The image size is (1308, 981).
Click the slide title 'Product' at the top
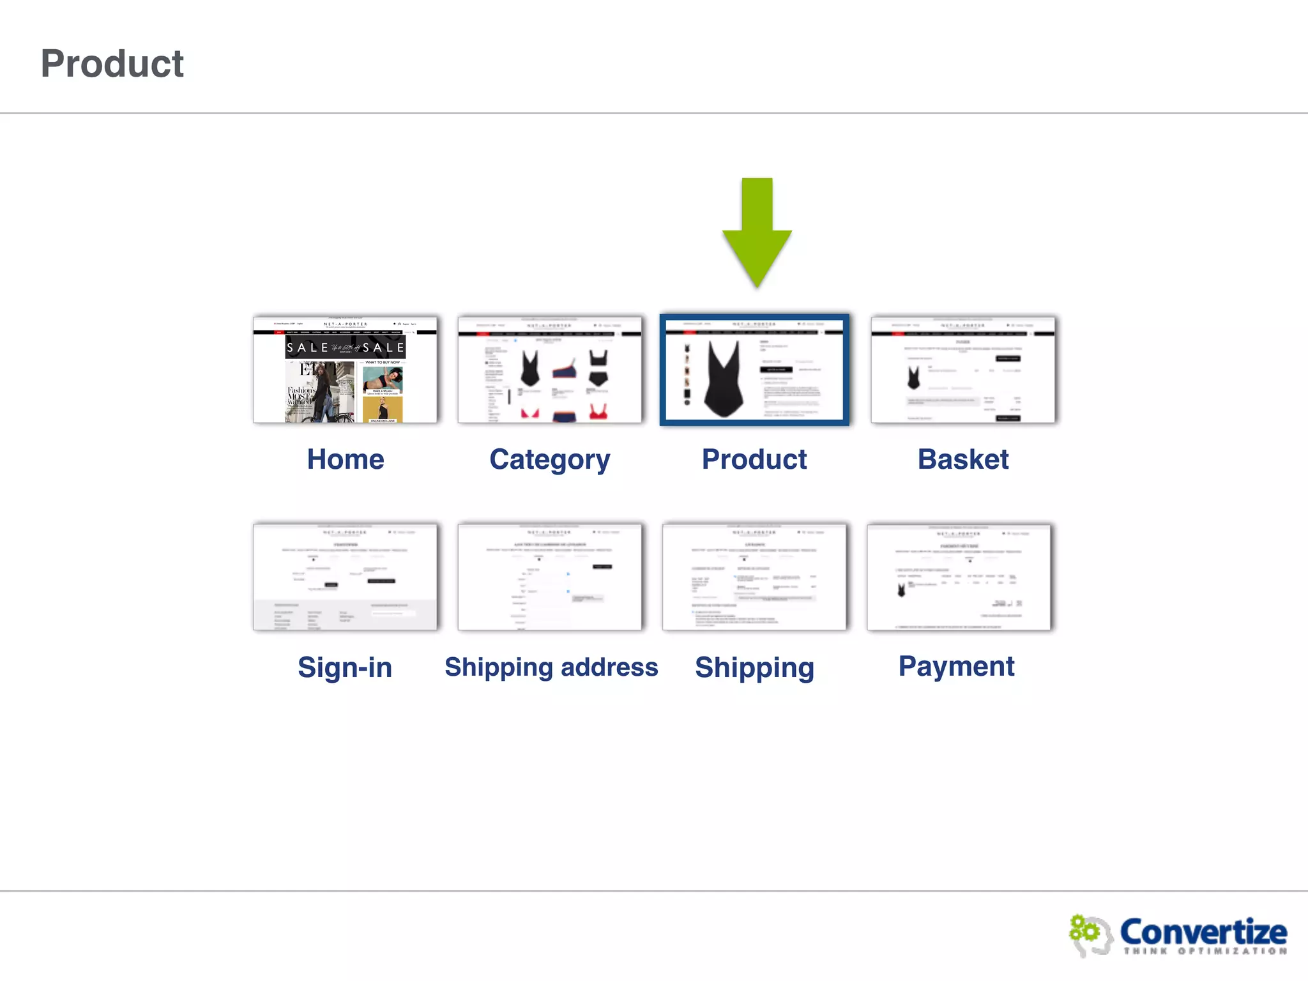pyautogui.click(x=112, y=64)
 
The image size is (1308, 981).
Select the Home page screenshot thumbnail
pyautogui.click(x=345, y=369)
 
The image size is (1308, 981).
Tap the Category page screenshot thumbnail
pyautogui.click(x=550, y=369)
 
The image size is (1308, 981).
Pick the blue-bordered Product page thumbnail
pyautogui.click(x=754, y=369)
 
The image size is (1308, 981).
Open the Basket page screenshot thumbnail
pyautogui.click(x=962, y=369)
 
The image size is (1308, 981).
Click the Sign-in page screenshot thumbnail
pyautogui.click(x=345, y=577)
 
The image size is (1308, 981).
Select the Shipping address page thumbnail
pyautogui.click(x=550, y=577)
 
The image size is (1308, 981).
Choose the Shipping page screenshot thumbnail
pyautogui.click(x=754, y=577)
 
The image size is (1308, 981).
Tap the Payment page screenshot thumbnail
pyautogui.click(x=959, y=577)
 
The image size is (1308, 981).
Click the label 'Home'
pyautogui.click(x=346, y=459)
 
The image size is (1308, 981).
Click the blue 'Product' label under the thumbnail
pyautogui.click(x=754, y=459)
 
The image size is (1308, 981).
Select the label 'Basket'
pyautogui.click(x=963, y=459)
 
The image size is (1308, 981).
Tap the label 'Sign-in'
pyautogui.click(x=345, y=667)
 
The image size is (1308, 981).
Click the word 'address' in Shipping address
pyautogui.click(x=609, y=667)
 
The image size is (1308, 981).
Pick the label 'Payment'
pyautogui.click(x=956, y=667)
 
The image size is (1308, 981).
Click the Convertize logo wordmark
pyautogui.click(x=1203, y=932)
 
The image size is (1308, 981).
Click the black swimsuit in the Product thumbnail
pyautogui.click(x=724, y=379)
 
